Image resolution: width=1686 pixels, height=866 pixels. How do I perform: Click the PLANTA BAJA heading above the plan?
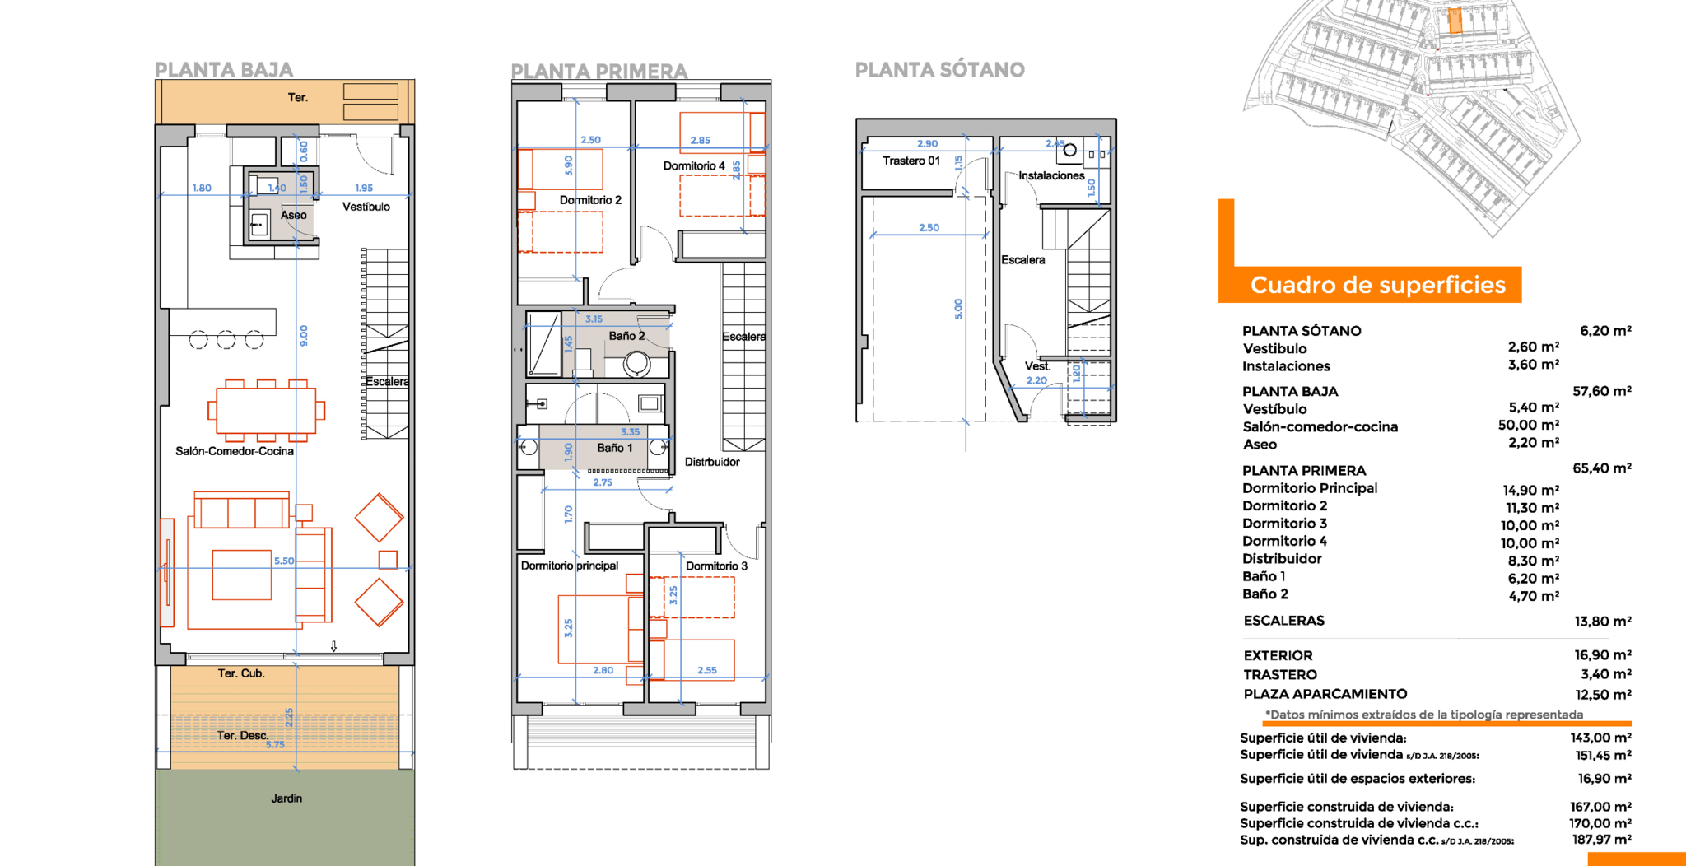[x=224, y=70]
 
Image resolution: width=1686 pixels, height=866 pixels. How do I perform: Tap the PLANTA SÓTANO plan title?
[x=940, y=70]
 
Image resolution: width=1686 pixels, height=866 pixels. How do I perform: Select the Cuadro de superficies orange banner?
[x=1377, y=285]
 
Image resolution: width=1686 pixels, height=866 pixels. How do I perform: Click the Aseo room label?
[x=294, y=215]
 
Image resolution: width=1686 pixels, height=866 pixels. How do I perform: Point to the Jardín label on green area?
[x=286, y=798]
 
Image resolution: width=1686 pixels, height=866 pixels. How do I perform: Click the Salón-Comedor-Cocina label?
[x=235, y=451]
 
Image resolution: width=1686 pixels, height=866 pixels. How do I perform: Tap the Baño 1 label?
[x=615, y=448]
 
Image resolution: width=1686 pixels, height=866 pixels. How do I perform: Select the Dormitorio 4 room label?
[x=694, y=165]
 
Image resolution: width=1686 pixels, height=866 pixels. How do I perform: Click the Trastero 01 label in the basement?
[x=911, y=161]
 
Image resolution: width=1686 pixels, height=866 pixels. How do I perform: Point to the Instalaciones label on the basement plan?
[x=1051, y=175]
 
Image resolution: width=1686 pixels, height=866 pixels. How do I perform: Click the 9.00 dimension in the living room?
[x=304, y=336]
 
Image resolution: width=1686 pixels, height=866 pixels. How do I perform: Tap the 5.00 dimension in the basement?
[x=958, y=309]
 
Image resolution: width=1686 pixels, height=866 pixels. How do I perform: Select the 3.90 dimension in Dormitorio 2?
[x=568, y=165]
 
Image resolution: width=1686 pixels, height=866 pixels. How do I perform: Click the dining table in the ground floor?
[x=266, y=410]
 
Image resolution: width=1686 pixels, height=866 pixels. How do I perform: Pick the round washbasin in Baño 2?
[x=636, y=363]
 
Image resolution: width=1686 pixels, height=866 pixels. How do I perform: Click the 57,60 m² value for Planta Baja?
[x=1602, y=391]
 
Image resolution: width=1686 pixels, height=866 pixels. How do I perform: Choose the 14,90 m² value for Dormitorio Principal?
[x=1531, y=490]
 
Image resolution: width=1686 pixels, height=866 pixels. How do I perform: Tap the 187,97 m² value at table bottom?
[x=1602, y=840]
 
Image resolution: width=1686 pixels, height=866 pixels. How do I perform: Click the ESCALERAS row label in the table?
[x=1284, y=621]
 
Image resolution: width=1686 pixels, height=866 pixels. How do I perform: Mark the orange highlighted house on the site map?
[x=1455, y=21]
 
